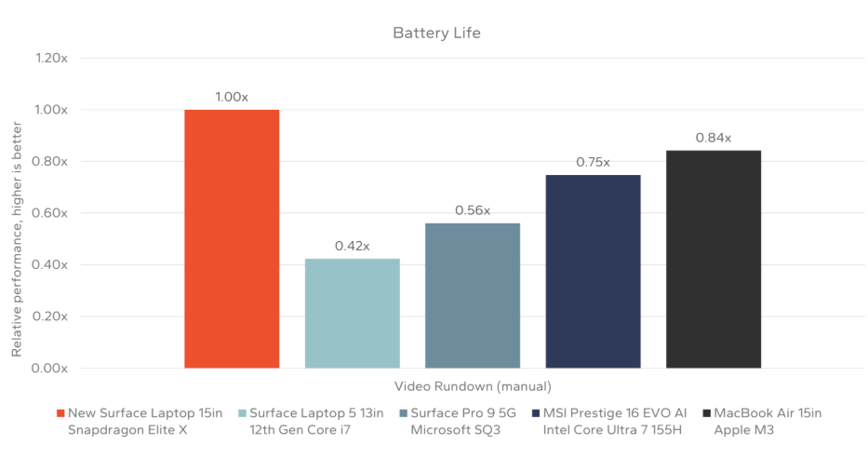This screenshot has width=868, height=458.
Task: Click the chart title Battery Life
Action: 435,34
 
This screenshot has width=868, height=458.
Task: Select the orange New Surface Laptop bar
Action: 232,239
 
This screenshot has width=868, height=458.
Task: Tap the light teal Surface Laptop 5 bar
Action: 352,314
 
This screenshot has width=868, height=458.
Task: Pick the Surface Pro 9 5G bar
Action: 473,296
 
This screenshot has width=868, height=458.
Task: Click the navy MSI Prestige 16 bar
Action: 593,271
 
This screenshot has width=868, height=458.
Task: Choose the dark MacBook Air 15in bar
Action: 714,259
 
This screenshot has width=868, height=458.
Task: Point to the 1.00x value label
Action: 232,97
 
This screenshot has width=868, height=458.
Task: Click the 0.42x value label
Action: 352,246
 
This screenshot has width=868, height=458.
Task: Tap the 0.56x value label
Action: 473,210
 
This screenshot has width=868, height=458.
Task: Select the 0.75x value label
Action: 593,162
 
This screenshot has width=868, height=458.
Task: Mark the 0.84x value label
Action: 714,138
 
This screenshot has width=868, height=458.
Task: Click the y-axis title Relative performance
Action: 17,213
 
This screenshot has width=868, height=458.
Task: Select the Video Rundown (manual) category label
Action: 473,386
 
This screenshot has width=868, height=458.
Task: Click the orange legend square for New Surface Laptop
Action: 60,413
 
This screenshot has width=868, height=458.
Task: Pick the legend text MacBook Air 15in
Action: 768,412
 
